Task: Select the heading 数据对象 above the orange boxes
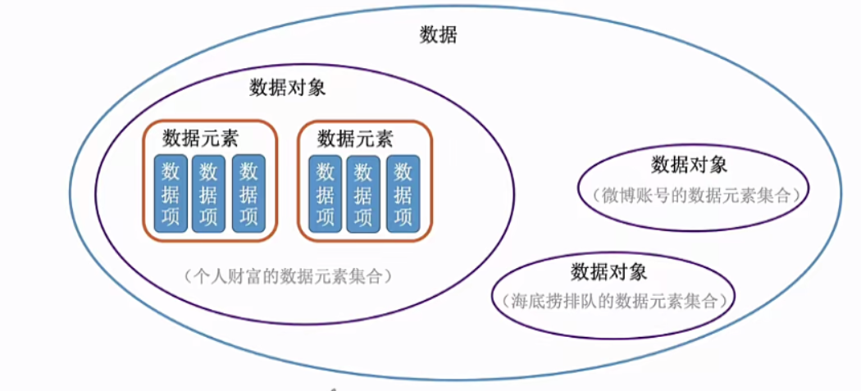tap(288, 88)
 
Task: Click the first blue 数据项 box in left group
tap(171, 193)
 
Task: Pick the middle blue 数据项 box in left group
tap(209, 193)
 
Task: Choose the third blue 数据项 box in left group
tap(248, 193)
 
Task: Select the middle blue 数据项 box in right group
tap(363, 193)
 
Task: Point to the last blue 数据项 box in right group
tap(403, 193)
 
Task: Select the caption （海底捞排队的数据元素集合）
tap(614, 300)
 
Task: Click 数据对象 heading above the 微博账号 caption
tap(689, 164)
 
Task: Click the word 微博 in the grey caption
tap(619, 195)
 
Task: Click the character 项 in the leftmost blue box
tap(171, 217)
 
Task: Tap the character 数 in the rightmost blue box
tap(403, 171)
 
